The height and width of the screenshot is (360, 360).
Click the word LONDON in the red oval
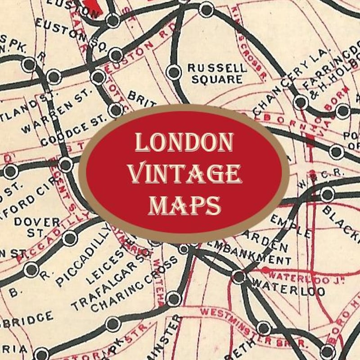pos(184,143)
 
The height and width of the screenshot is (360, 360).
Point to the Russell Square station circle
pos(173,71)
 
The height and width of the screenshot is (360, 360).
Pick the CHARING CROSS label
pos(127,284)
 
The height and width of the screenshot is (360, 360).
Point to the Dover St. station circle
pos(70,238)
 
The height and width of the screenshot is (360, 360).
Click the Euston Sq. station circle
pos(116,55)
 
